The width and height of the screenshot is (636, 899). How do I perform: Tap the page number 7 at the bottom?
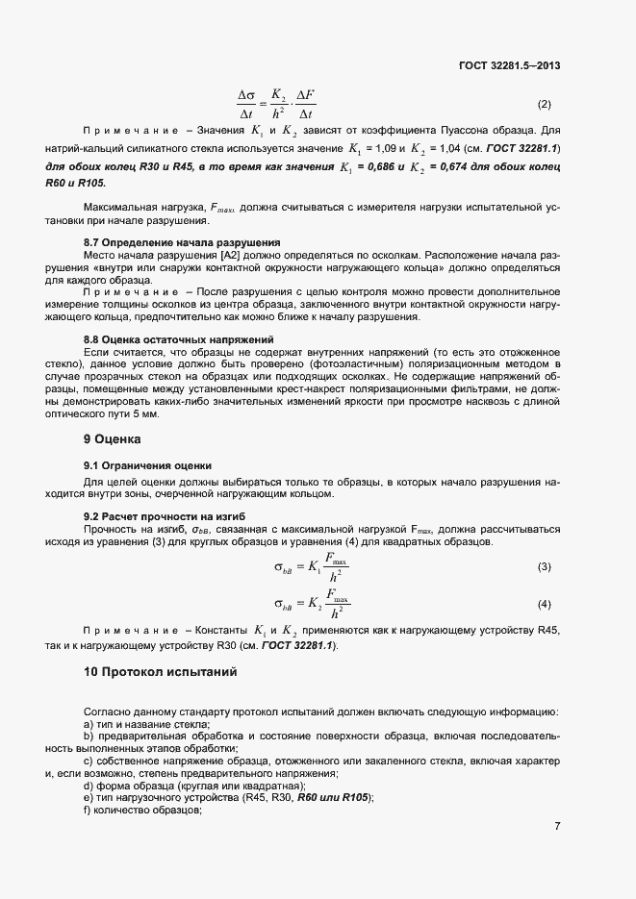point(557,826)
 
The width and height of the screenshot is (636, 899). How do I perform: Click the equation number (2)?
point(544,104)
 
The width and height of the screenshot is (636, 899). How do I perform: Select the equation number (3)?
point(544,567)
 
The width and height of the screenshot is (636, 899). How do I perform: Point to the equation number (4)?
point(544,604)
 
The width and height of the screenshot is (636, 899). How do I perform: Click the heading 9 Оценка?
point(113,439)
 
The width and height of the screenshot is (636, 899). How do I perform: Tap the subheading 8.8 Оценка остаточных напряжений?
point(178,339)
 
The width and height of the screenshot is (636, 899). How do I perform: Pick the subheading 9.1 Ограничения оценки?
point(147,465)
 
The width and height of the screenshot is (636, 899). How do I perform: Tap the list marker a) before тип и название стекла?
point(89,724)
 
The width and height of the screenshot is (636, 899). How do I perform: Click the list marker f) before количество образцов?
point(88,811)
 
